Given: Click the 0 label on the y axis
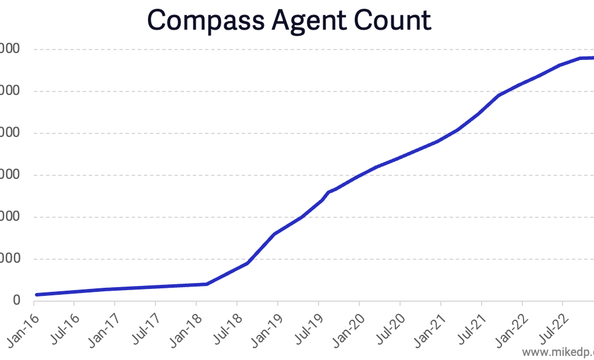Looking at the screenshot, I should coord(16,301).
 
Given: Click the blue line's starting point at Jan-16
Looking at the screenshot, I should coord(36,295).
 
